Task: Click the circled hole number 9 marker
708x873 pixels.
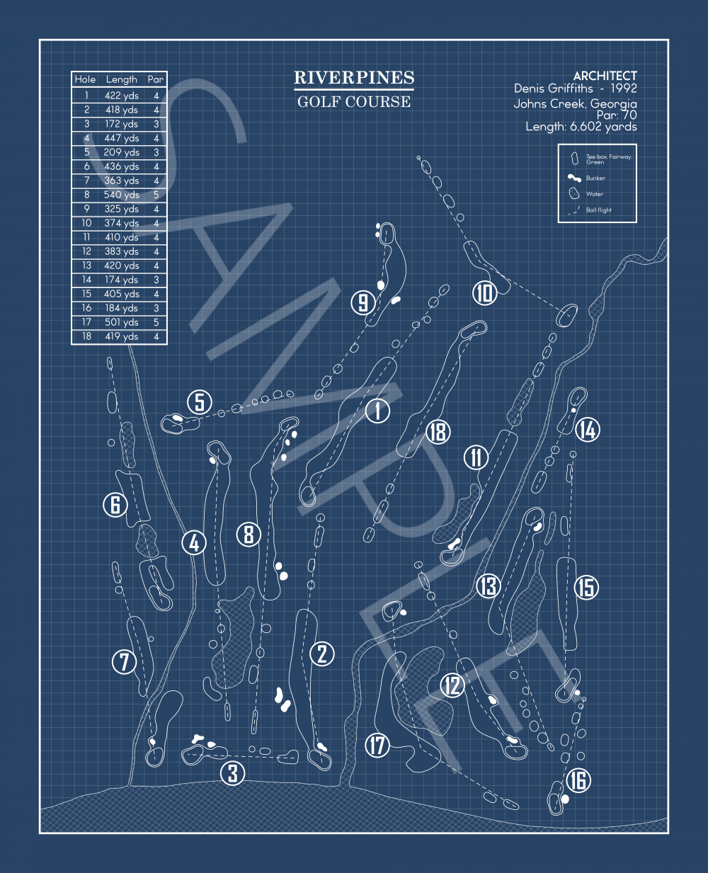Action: coord(362,303)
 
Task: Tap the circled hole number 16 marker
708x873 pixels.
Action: coord(578,780)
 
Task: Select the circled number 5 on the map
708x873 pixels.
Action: coord(200,402)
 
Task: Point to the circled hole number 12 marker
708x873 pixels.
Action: coord(452,685)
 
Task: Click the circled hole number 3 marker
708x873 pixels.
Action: coord(233,773)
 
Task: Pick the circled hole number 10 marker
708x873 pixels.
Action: coord(484,292)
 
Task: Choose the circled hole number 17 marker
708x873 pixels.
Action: coord(377,745)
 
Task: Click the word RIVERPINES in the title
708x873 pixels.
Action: coord(354,78)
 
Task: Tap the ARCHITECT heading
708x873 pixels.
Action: coord(605,76)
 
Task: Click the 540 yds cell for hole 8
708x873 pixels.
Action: coord(121,195)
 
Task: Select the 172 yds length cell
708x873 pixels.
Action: coord(121,124)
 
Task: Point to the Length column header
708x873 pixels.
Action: coord(121,79)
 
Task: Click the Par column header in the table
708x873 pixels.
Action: coord(156,79)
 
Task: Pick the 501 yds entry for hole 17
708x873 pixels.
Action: coord(121,322)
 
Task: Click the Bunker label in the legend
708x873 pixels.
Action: coord(595,178)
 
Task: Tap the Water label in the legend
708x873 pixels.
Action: coord(595,194)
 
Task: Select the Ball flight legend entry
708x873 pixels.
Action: coord(598,210)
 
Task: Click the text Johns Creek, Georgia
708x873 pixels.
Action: coord(575,104)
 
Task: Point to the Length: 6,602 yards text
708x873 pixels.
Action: coord(581,127)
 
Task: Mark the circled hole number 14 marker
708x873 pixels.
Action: coord(587,429)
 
